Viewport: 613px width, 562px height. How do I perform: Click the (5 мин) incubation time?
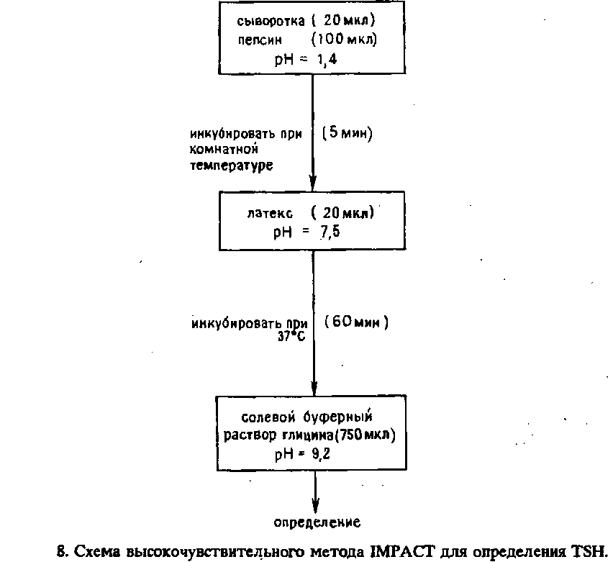tap(347, 134)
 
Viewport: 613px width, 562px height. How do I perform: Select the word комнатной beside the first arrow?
tap(224, 149)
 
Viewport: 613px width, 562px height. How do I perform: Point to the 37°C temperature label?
tap(291, 336)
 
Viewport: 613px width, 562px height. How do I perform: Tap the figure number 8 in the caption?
tap(61, 550)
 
